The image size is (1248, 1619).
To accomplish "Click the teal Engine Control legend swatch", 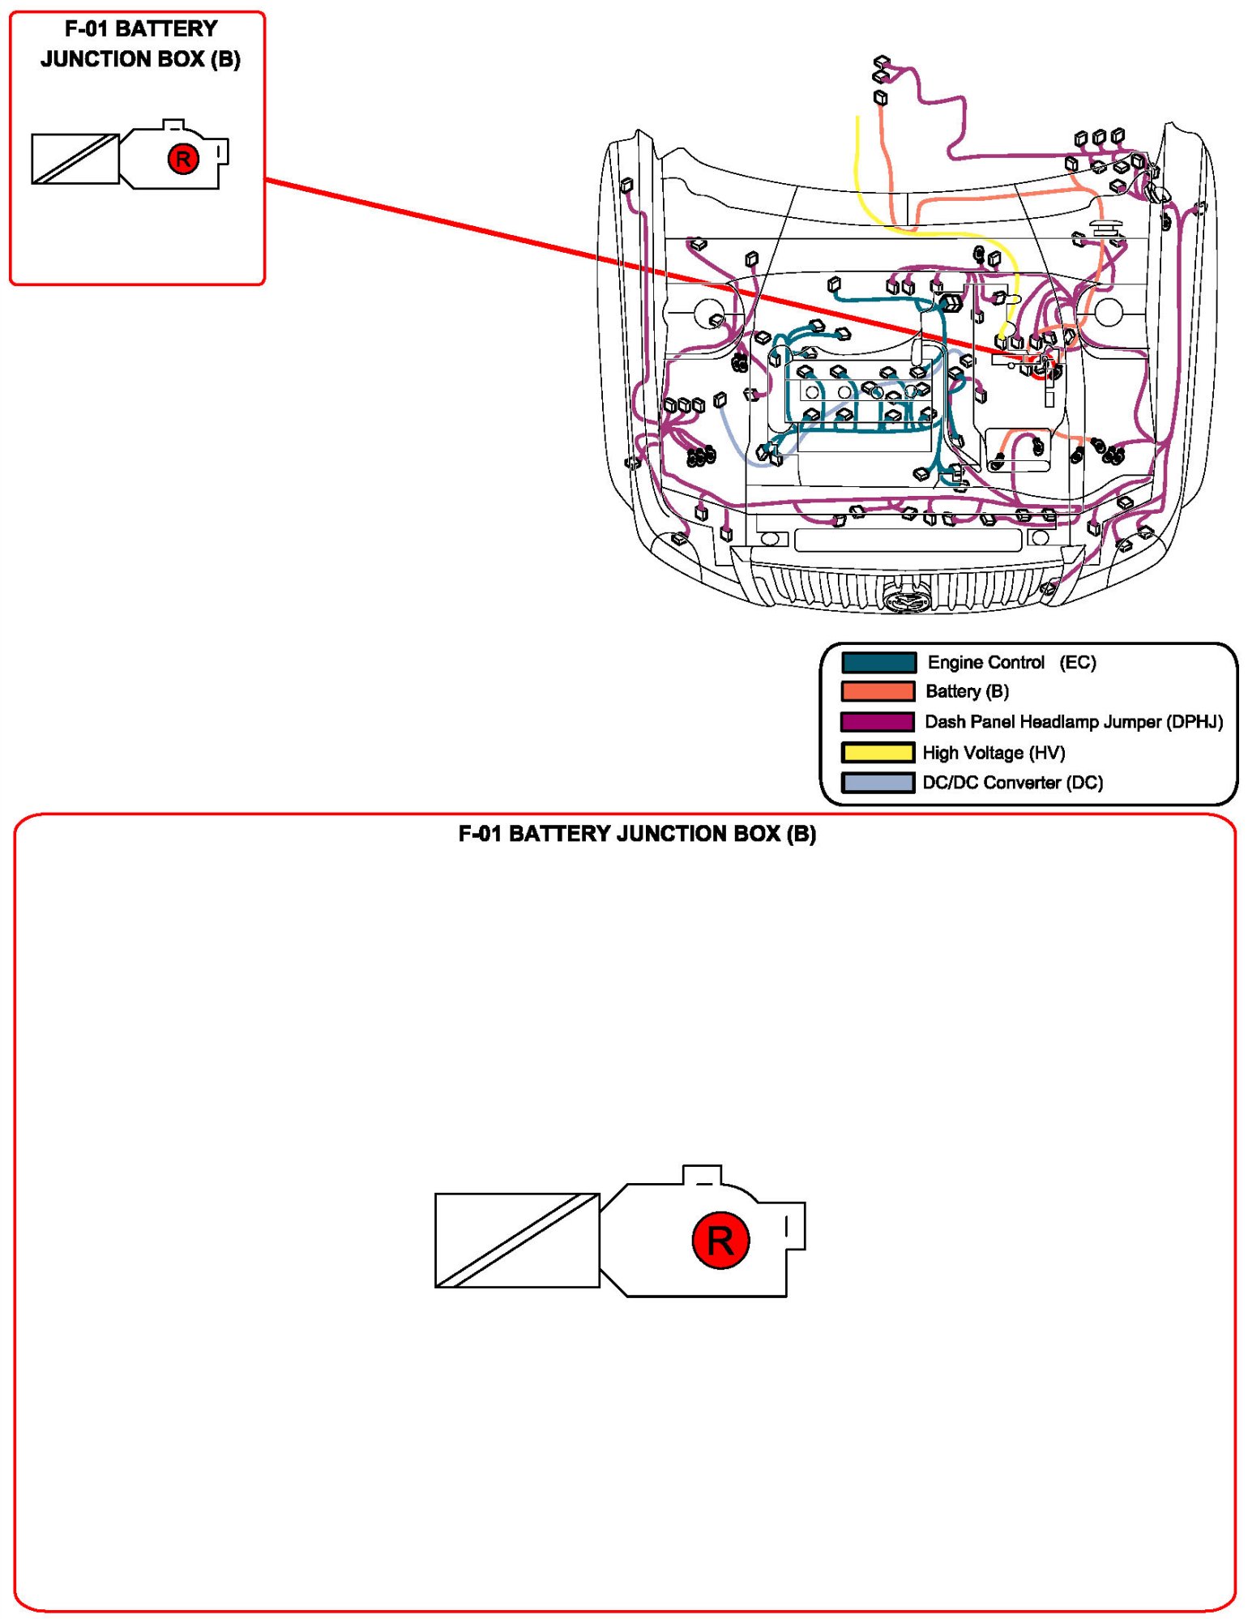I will click(878, 662).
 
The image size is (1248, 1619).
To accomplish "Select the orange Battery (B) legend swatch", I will click(878, 691).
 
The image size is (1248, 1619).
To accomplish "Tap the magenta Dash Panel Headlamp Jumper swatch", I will click(878, 721).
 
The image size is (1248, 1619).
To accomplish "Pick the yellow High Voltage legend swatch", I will click(878, 752).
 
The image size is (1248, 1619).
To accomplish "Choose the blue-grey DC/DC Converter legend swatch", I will click(878, 782).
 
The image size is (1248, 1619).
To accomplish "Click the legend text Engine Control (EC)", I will click(1011, 662).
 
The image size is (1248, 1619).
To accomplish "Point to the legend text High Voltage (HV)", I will click(994, 753).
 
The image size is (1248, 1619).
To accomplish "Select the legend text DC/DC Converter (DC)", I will click(1013, 783).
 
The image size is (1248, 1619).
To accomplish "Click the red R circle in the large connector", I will click(720, 1241).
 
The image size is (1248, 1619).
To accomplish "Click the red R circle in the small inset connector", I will click(183, 159).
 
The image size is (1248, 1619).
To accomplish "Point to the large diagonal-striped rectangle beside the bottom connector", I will click(517, 1240).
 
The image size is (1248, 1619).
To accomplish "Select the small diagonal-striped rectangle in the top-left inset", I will click(75, 159).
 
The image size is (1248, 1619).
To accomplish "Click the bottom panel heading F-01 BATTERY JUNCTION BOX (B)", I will click(637, 834).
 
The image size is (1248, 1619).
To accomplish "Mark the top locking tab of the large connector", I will click(702, 1175).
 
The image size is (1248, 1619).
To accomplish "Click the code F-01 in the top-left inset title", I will click(87, 29).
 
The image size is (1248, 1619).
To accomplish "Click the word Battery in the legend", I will click(953, 692).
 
